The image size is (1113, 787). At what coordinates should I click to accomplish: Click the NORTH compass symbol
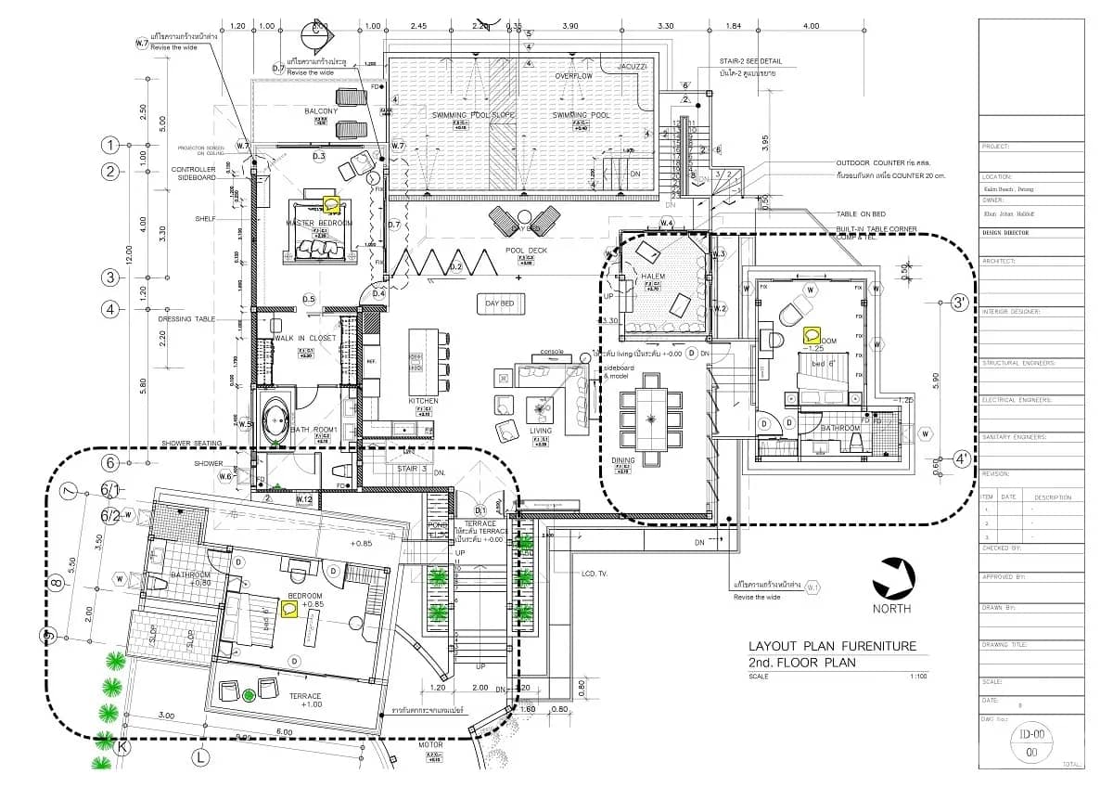tap(894, 577)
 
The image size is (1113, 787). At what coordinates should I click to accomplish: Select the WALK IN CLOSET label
tap(304, 339)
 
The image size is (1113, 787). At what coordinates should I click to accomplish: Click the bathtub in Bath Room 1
tap(275, 419)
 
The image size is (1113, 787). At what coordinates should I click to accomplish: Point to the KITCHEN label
tap(423, 401)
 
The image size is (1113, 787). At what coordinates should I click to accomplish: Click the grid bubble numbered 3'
tap(959, 303)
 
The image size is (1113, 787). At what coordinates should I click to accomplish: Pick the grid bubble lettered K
tap(121, 745)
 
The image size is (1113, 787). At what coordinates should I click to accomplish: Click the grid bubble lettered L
tap(199, 757)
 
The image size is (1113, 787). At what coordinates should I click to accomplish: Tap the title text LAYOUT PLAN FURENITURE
tap(832, 646)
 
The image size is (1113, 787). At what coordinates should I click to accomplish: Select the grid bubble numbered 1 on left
tap(111, 145)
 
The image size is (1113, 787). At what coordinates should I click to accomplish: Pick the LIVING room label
tap(540, 431)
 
